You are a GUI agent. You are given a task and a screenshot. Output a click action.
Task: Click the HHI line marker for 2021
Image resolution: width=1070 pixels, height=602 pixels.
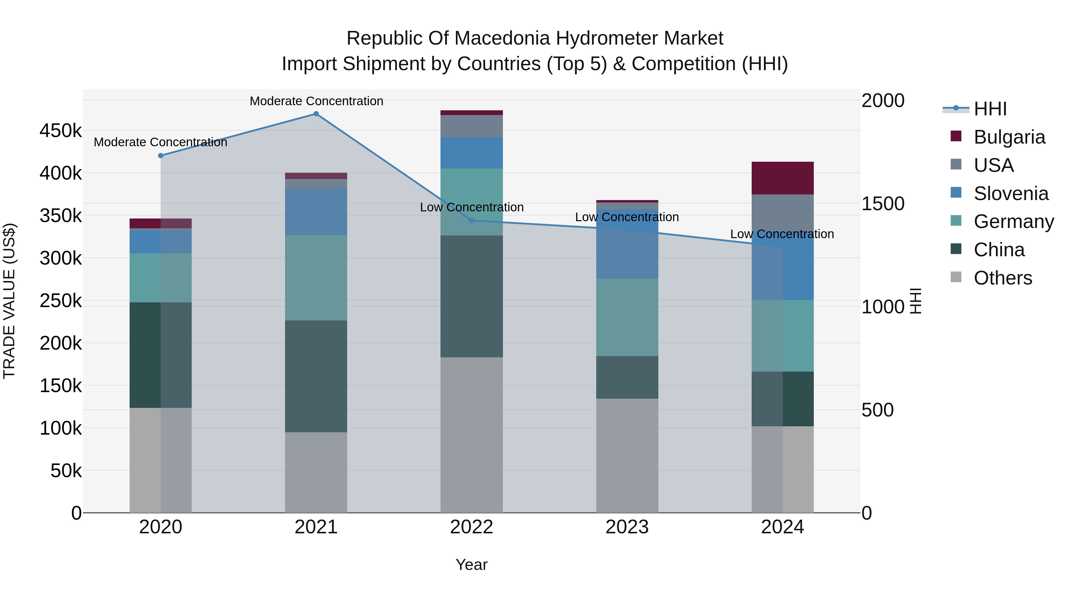pyautogui.click(x=316, y=114)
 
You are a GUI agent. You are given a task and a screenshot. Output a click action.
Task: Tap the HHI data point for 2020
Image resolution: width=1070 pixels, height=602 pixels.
pyautogui.click(x=161, y=156)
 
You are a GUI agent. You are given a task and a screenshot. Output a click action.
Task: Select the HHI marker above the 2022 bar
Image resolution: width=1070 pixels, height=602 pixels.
pyautogui.click(x=471, y=221)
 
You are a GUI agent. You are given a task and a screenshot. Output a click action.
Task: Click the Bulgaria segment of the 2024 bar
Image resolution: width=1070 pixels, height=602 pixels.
pyautogui.click(x=783, y=178)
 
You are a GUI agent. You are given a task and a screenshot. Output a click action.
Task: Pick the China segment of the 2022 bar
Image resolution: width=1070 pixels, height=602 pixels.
pyautogui.click(x=471, y=296)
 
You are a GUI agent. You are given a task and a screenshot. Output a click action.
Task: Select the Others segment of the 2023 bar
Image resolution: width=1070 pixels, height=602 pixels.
pyautogui.click(x=627, y=455)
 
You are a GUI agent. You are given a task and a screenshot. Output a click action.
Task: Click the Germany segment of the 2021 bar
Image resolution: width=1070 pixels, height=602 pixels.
pyautogui.click(x=316, y=278)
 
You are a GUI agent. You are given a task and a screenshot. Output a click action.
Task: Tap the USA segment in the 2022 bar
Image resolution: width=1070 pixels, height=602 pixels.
pyautogui.click(x=471, y=126)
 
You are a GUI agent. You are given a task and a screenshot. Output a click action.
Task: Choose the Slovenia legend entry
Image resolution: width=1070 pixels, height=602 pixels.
pyautogui.click(x=1011, y=194)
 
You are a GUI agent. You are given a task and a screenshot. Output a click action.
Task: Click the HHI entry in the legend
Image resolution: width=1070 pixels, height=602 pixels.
pyautogui.click(x=990, y=109)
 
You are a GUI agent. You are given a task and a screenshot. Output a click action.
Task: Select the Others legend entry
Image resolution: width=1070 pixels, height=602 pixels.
pyautogui.click(x=1002, y=278)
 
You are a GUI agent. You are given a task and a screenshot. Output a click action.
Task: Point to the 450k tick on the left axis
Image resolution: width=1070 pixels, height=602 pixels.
pyautogui.click(x=61, y=131)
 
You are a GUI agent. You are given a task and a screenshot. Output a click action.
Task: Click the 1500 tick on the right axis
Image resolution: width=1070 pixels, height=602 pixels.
pyautogui.click(x=883, y=204)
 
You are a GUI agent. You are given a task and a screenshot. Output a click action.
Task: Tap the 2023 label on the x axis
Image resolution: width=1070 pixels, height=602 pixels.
pyautogui.click(x=627, y=527)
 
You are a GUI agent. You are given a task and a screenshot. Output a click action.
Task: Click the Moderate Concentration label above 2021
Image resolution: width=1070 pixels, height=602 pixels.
pyautogui.click(x=316, y=101)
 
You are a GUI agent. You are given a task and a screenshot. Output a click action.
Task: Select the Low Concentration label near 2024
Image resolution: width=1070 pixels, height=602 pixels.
pyautogui.click(x=782, y=234)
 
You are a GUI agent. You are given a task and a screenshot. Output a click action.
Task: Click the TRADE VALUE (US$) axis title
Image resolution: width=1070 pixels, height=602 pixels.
pyautogui.click(x=9, y=301)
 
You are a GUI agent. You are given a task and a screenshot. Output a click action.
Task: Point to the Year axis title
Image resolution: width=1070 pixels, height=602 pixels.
pyautogui.click(x=471, y=565)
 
